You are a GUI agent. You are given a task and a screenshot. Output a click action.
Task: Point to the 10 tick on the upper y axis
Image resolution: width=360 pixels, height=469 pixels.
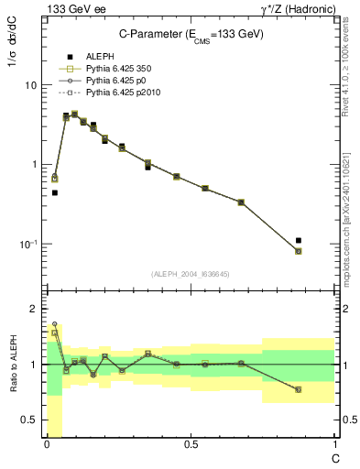30,85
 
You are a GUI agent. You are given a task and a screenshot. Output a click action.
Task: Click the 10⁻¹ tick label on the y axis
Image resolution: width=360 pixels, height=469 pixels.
27,245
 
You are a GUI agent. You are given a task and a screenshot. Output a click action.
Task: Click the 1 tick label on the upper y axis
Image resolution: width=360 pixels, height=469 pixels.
33,165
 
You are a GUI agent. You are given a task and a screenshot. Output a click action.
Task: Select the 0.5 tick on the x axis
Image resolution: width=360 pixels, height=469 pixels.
191,445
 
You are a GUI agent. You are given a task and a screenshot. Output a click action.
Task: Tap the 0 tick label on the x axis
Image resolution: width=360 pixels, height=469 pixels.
47,445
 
